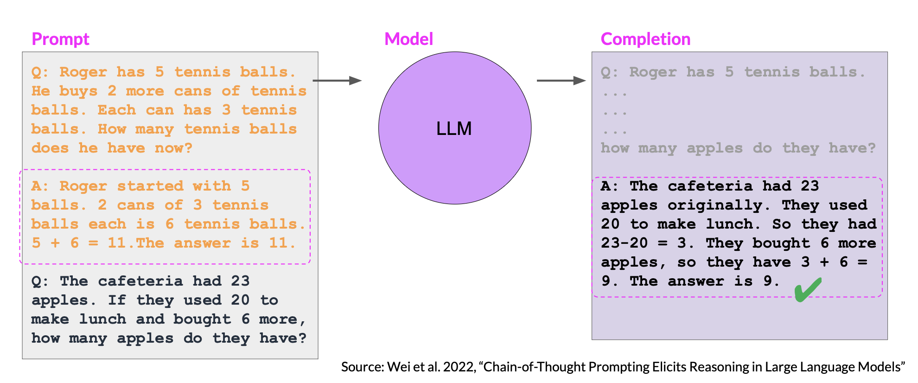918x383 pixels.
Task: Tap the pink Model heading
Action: coord(408,39)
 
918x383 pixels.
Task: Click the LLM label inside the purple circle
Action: coord(454,128)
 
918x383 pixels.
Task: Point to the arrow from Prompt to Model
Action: coord(337,81)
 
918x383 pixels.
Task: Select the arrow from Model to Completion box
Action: coord(561,81)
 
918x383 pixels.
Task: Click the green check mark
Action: coord(808,289)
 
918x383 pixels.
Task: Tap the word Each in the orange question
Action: coord(116,110)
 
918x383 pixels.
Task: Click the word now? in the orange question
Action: coord(173,148)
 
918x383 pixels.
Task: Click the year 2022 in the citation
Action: coord(459,367)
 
